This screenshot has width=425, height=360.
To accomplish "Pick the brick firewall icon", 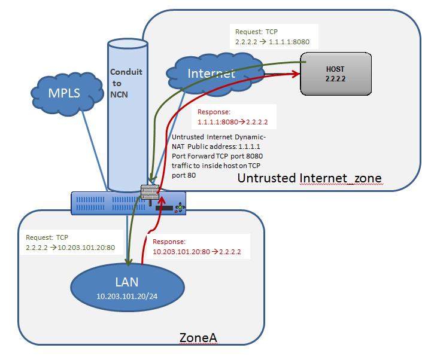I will [x=149, y=191].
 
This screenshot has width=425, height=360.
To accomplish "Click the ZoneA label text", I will [x=198, y=338].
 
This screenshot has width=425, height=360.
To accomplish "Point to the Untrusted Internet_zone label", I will [x=309, y=178].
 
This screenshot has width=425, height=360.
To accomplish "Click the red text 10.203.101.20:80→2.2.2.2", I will [x=196, y=252].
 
